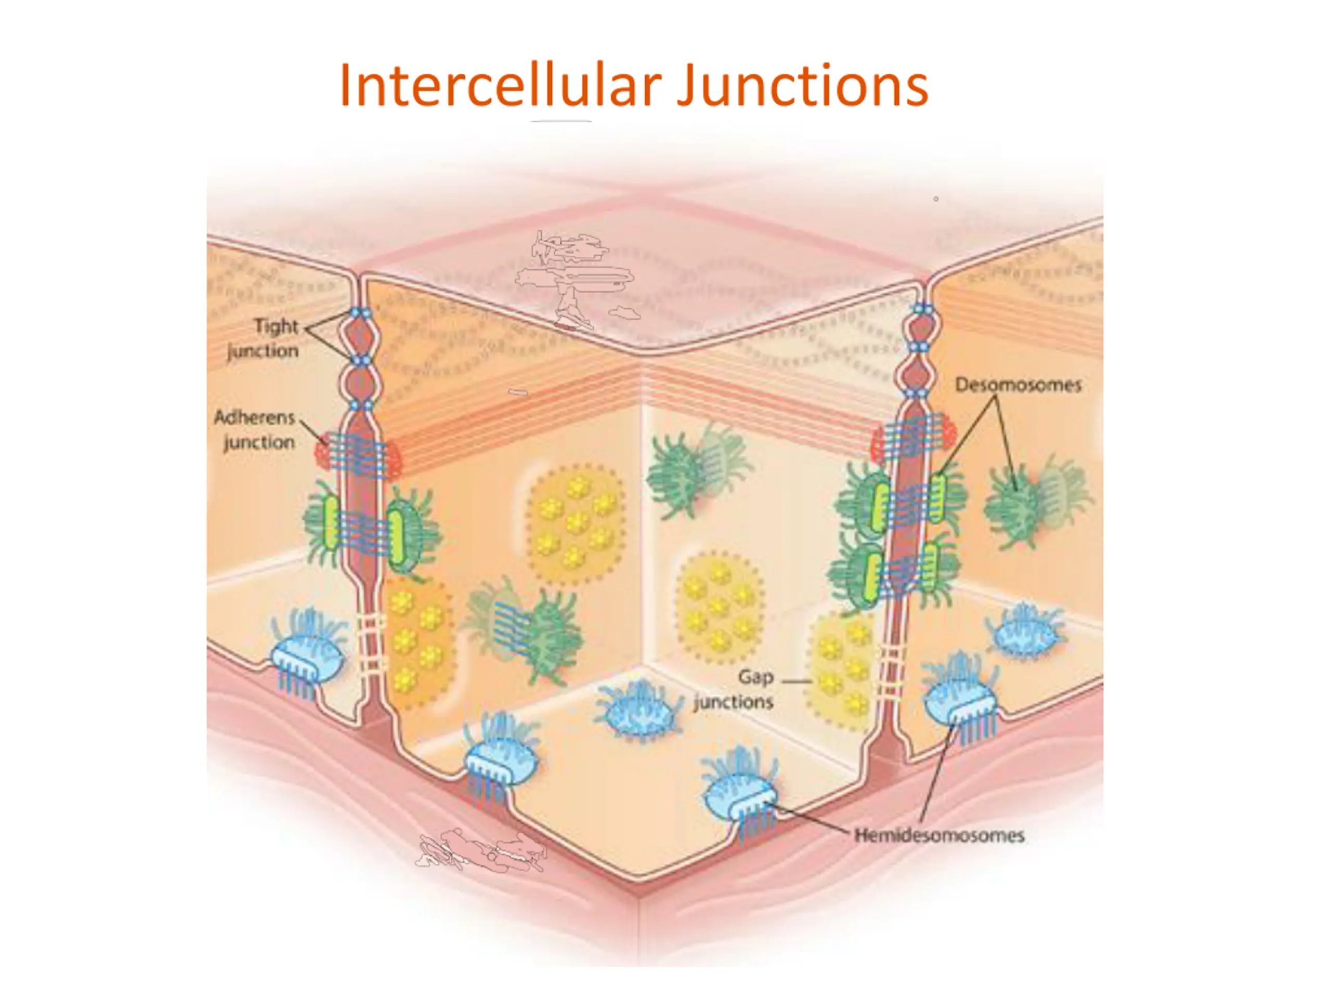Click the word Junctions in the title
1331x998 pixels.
(803, 85)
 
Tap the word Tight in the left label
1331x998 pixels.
(276, 326)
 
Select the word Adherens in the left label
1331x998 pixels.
(255, 417)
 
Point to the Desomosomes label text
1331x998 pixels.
(1018, 385)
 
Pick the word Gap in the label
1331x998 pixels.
(756, 678)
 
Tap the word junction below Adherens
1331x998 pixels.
(259, 443)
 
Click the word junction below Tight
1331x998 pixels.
(263, 351)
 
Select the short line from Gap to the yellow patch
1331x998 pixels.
(797, 681)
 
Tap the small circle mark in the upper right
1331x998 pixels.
(936, 199)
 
